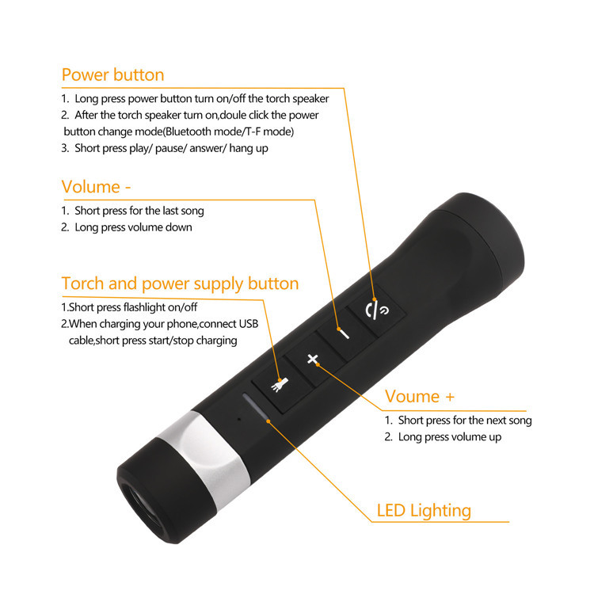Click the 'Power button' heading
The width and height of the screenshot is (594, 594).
[112, 75]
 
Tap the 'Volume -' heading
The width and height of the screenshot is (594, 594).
[96, 187]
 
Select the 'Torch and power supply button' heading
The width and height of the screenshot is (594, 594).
[180, 284]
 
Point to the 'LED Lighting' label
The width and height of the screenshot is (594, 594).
[423, 511]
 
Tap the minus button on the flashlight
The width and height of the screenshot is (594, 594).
[344, 333]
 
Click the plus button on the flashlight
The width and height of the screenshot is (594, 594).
[313, 360]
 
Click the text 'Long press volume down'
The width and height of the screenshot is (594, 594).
[133, 227]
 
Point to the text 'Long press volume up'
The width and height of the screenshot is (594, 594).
[449, 437]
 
